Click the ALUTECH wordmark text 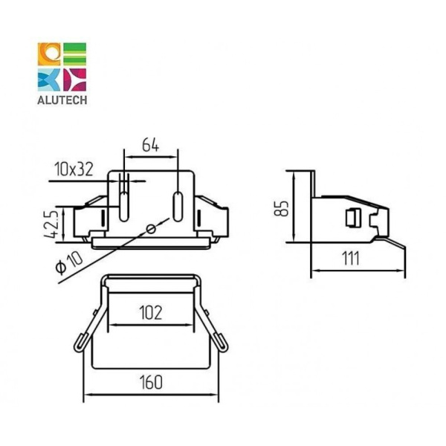click(62, 100)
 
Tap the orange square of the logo click(49, 54)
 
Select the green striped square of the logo click(74, 54)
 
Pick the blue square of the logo click(49, 80)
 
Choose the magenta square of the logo click(74, 80)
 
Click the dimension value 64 click(151, 145)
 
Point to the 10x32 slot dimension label click(74, 169)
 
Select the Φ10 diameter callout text click(69, 263)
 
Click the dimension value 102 click(151, 313)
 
